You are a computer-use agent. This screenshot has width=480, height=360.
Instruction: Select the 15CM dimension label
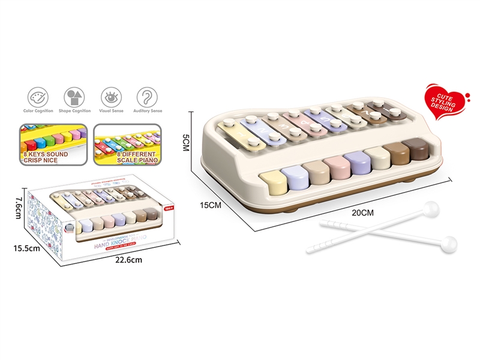click(211, 205)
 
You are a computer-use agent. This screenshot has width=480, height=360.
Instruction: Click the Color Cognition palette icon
click(39, 97)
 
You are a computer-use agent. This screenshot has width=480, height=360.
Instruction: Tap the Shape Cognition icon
click(75, 97)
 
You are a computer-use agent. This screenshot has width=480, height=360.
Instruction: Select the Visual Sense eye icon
click(111, 97)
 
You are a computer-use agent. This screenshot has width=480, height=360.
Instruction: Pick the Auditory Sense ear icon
click(148, 97)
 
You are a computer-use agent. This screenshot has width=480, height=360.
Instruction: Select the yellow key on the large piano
click(274, 181)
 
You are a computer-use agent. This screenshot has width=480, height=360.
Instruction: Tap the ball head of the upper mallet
click(430, 210)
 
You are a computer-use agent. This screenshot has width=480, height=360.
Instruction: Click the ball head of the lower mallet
click(448, 244)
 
